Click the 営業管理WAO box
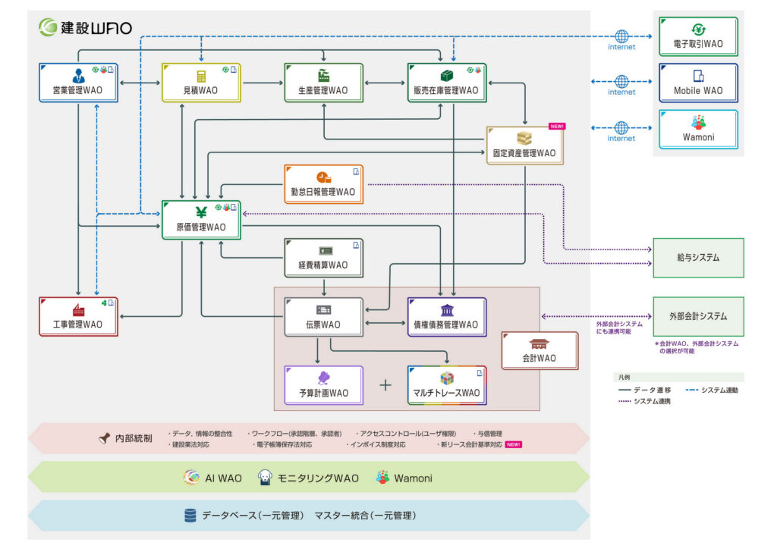click(x=78, y=83)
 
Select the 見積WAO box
click(x=201, y=83)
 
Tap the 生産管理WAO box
click(x=324, y=83)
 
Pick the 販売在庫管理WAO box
click(x=446, y=83)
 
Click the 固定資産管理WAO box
click(x=524, y=146)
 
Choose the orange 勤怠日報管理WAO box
click(x=323, y=184)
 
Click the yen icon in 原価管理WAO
click(x=200, y=212)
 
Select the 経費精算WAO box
click(x=323, y=258)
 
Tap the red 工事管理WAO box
click(x=78, y=317)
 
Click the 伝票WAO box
click(x=323, y=317)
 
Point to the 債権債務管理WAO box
click(x=446, y=317)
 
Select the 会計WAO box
click(x=539, y=350)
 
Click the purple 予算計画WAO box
click(x=323, y=385)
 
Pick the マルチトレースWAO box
click(x=446, y=385)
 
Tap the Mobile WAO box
click(x=698, y=83)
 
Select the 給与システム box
click(x=698, y=258)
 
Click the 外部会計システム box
click(x=698, y=316)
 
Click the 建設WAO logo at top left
click(x=86, y=28)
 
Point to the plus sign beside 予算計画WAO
click(x=385, y=385)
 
